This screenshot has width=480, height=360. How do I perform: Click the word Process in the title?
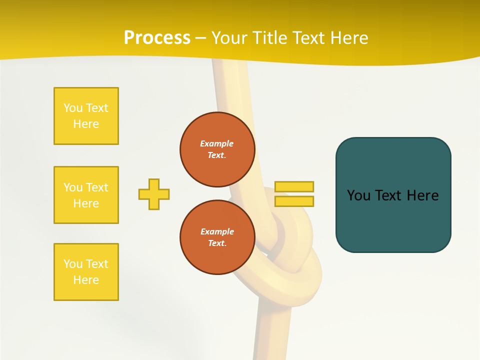157,38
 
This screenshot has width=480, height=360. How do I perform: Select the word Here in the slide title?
348,38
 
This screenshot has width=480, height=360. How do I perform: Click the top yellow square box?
86,116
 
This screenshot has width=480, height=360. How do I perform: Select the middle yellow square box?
86,195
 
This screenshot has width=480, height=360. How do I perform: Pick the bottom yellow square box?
86,272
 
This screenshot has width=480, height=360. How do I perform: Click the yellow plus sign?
154,194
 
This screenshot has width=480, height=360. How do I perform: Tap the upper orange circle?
217,149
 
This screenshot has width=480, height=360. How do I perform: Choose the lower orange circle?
217,237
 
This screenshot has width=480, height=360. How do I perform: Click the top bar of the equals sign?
294,186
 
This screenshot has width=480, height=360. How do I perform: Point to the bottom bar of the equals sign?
294,201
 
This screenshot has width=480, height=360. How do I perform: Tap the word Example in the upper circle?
216,143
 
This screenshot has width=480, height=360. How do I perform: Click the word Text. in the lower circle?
217,243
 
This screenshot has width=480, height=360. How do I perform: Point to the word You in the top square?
72,108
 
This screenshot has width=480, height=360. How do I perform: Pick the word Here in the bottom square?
86,280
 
